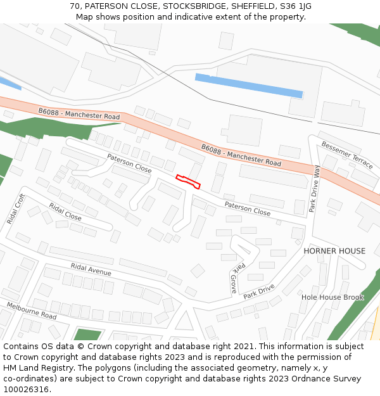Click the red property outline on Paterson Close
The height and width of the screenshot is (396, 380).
pos(188,181)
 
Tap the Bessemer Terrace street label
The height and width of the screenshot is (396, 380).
pos(346,155)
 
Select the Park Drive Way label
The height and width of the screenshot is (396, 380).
pos(314,188)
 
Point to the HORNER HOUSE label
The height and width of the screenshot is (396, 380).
pos(334,251)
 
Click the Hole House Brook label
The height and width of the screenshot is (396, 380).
pos(332,297)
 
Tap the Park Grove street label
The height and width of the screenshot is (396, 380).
pos(233,278)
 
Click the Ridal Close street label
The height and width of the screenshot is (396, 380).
pos(65,212)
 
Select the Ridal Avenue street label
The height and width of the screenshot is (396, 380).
pos(91,269)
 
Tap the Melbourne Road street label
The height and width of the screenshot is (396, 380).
pos(31,310)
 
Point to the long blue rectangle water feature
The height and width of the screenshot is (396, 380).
pos(248,86)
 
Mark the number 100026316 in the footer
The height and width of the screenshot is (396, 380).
pos(26,389)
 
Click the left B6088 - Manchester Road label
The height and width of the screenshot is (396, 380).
pos(79,114)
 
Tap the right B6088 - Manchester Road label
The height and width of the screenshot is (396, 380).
pos(241,155)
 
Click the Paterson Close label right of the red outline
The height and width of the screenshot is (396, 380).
pos(247,208)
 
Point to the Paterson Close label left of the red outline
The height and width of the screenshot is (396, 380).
pos(129,163)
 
